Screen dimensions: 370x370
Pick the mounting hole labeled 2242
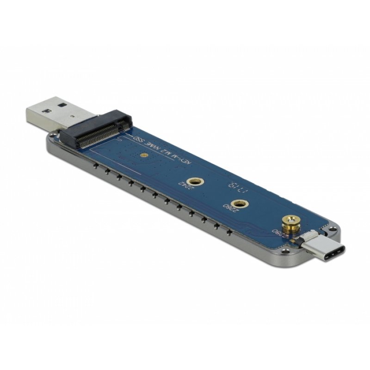pos(191,182)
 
